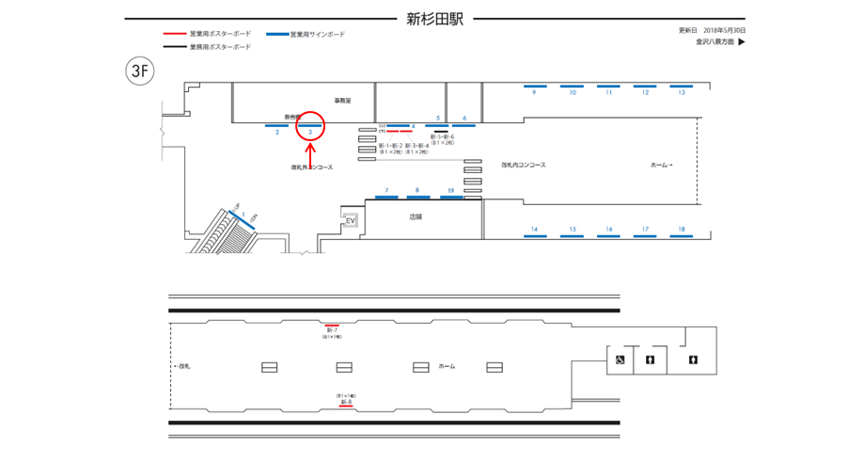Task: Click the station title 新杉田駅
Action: point(435,18)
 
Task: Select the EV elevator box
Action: point(352,222)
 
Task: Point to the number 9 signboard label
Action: point(533,93)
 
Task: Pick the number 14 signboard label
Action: point(534,230)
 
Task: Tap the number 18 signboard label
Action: point(682,230)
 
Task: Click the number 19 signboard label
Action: point(450,191)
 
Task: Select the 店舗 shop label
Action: point(416,216)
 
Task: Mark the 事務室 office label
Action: point(342,100)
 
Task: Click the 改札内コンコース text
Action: point(524,165)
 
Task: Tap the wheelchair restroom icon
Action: point(621,359)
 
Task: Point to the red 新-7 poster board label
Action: point(332,330)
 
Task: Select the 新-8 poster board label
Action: point(346,402)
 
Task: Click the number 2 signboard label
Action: point(277,133)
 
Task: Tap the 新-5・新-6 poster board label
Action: point(443,137)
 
